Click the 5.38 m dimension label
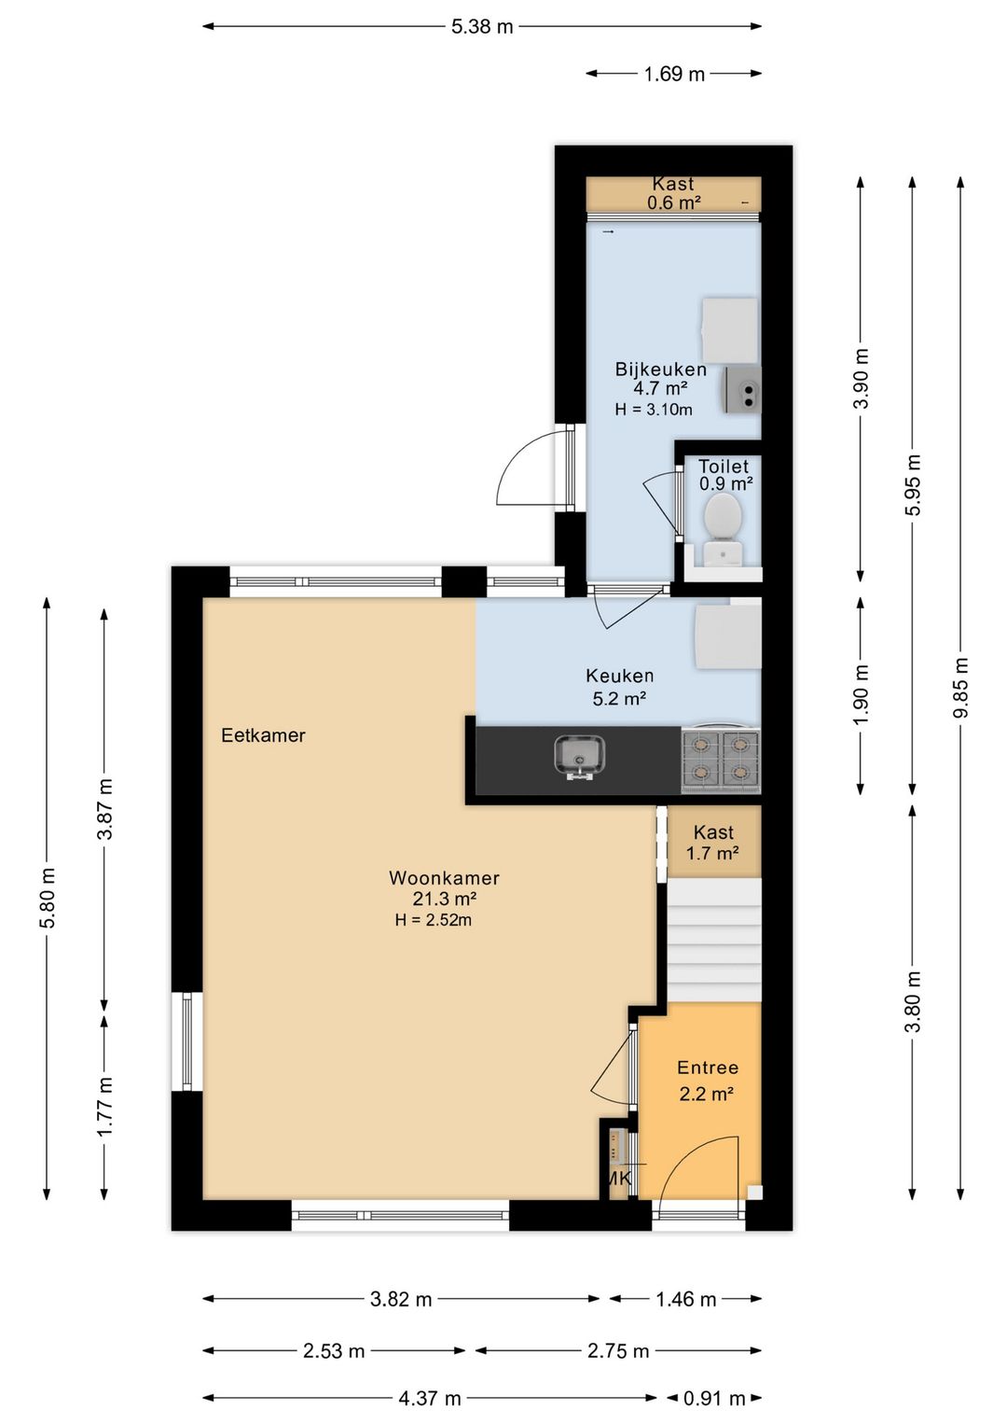pos(482,27)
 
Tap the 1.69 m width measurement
pos(674,75)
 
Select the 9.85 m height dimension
pos(961,687)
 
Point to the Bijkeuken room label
pos(661,370)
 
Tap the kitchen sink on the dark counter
pos(579,758)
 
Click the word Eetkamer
pos(263,735)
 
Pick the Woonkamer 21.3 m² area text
pos(444,888)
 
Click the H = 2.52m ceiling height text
pos(434,920)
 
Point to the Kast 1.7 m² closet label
pos(713,843)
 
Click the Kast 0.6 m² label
pos(673,193)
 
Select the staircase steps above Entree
pos(713,942)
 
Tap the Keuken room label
pos(619,675)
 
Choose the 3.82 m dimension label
pos(401,1299)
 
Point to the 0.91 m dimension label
pos(714,1399)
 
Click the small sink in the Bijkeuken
pos(741,390)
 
